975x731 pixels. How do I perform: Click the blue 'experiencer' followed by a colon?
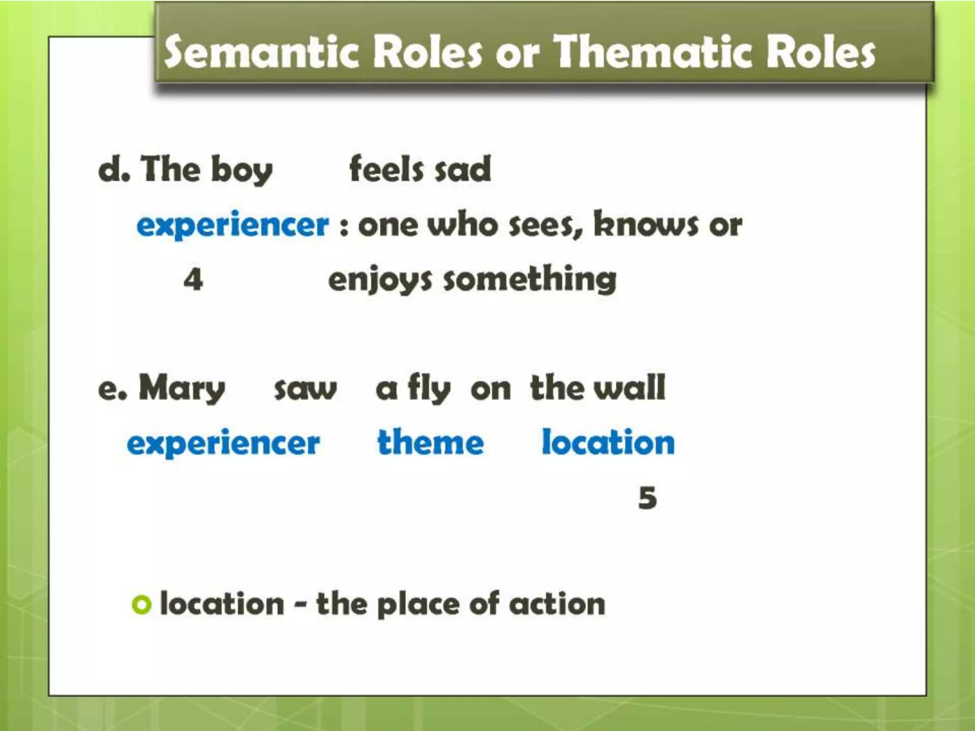tap(232, 225)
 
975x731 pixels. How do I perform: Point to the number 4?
tap(193, 279)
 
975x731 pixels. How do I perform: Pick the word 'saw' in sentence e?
tap(305, 389)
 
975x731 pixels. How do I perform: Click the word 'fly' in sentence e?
tap(428, 389)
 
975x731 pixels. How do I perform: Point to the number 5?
tap(647, 498)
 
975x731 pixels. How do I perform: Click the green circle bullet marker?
tap(141, 604)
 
